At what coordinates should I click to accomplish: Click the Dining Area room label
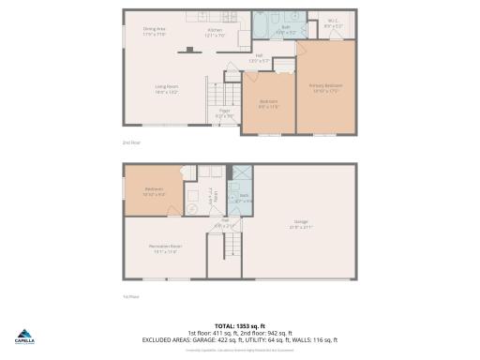(x=155, y=30)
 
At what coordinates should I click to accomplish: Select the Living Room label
(x=167, y=87)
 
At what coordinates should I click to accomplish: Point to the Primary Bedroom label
(x=326, y=86)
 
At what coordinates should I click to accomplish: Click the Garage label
(x=301, y=222)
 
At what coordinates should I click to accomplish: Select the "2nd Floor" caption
(x=130, y=142)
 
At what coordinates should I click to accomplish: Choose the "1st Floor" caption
(x=130, y=297)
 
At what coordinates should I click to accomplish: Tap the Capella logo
(x=23, y=338)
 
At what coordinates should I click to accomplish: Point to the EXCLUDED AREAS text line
(x=239, y=339)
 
